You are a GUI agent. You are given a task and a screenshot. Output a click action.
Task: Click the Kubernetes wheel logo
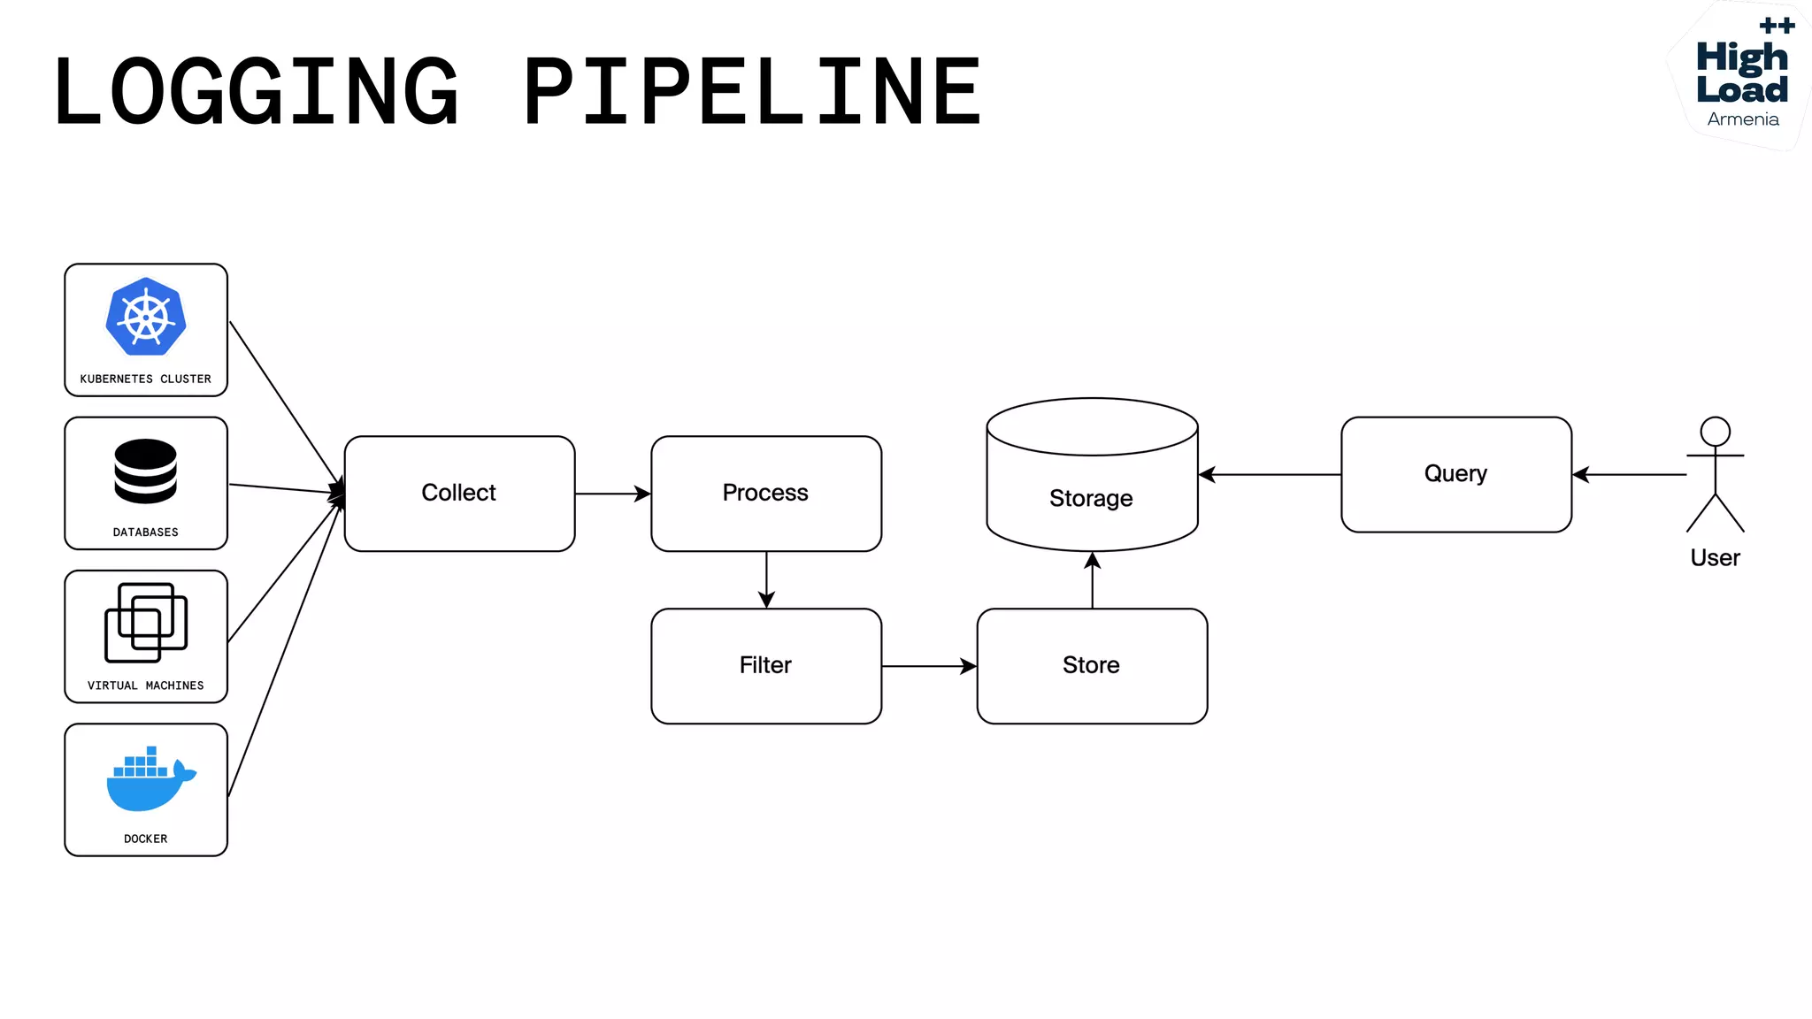click(146, 317)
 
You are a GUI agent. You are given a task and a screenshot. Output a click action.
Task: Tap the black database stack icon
click(146, 471)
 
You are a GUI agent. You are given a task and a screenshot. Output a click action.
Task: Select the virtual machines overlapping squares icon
click(146, 623)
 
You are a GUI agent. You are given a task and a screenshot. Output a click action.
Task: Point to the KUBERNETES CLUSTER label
click(146, 379)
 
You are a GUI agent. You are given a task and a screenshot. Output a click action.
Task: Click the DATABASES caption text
click(146, 532)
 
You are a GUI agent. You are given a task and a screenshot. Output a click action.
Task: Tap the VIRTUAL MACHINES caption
click(146, 686)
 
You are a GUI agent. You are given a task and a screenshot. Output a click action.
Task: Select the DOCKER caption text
click(146, 839)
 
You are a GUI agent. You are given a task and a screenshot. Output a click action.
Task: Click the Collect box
click(459, 494)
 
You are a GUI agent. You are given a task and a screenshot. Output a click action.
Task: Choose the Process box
click(766, 494)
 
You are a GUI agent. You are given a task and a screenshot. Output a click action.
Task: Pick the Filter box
click(766, 665)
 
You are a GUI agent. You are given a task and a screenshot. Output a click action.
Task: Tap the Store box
click(1092, 665)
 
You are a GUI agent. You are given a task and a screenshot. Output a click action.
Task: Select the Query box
click(1456, 474)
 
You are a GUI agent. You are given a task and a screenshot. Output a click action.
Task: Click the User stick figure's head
click(1715, 432)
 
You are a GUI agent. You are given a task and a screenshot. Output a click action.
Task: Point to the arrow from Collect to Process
click(612, 494)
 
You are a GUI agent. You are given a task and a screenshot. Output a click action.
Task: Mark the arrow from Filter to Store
click(929, 665)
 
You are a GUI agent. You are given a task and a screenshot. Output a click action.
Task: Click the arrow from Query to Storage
click(1270, 475)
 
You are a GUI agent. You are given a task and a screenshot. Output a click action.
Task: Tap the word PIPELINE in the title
click(752, 91)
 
